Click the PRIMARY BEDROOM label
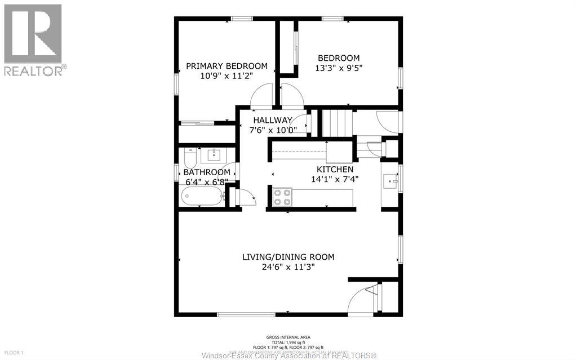(227, 66)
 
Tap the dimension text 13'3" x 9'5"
(338, 68)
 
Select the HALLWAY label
(272, 120)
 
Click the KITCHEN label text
(335, 169)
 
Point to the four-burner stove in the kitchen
(282, 197)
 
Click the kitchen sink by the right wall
(390, 181)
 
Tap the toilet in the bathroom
(190, 154)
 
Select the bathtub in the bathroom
(202, 197)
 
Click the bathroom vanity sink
(214, 154)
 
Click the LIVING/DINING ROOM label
(288, 257)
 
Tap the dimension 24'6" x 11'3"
(288, 267)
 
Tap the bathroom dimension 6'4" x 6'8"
(206, 182)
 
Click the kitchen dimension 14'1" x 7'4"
(335, 179)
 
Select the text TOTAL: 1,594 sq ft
(288, 341)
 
